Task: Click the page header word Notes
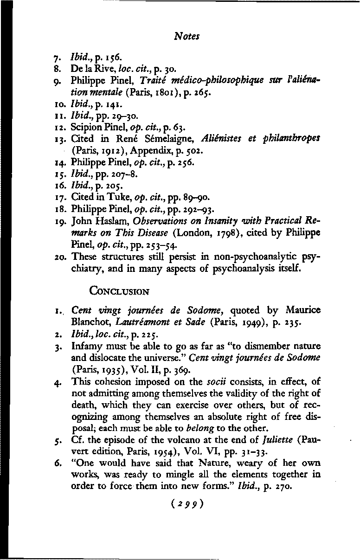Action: [x=185, y=35]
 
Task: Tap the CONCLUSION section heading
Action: [x=119, y=292]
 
